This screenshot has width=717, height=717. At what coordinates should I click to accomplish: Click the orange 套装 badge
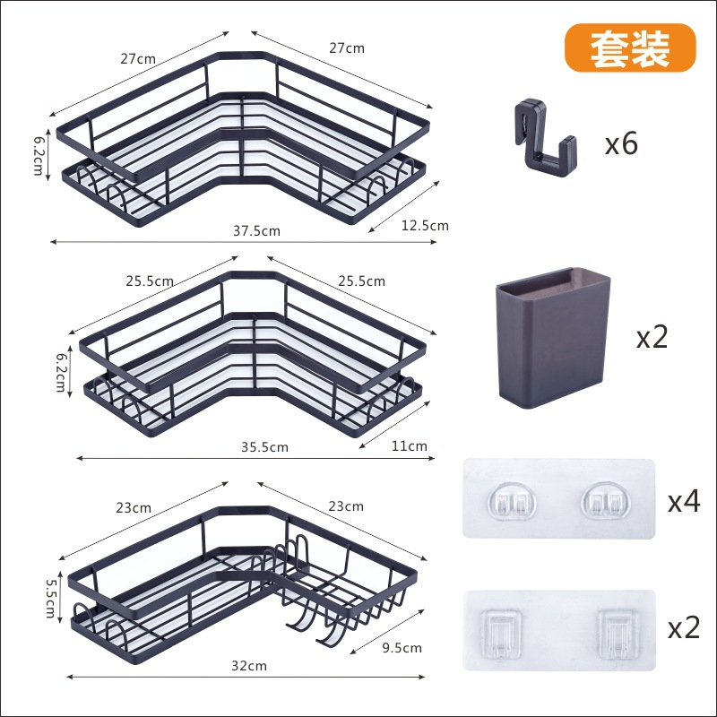click(630, 48)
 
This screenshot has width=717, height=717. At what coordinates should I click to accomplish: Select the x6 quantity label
click(621, 143)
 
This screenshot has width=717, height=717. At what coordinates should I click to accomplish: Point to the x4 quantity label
click(683, 501)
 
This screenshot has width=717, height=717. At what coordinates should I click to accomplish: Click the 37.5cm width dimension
click(256, 230)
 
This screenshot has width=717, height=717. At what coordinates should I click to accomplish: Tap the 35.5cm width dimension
click(264, 446)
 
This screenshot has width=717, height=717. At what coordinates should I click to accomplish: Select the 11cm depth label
click(410, 445)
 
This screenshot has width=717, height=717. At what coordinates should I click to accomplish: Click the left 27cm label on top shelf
click(139, 58)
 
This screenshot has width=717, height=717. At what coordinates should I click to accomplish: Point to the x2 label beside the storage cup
click(652, 338)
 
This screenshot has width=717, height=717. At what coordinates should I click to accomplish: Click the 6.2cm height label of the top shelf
click(39, 154)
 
